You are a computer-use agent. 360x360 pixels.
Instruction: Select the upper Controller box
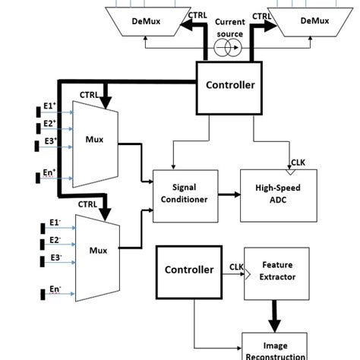pos(230,85)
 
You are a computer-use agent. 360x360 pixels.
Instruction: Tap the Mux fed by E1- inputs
pos(96,248)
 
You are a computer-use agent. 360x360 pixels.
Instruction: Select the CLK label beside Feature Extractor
pos(235,267)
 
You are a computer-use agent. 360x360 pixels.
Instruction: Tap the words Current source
pos(230,28)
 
